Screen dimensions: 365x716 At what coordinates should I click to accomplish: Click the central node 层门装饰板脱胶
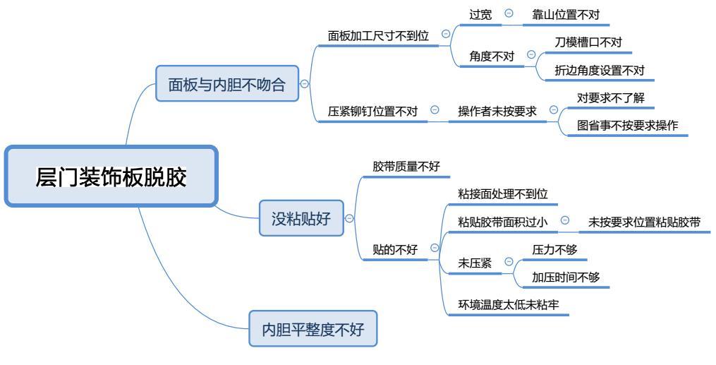[x=111, y=176]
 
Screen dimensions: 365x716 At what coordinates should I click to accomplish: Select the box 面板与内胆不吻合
[x=226, y=85]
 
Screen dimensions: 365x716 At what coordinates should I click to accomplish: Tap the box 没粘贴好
[x=301, y=218]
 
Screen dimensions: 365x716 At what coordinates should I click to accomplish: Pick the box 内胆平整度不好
[x=313, y=329]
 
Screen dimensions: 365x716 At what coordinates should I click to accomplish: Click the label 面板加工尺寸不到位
[x=378, y=35]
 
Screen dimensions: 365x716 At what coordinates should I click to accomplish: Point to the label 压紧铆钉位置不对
[x=372, y=111]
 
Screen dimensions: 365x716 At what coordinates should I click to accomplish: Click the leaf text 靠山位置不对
[x=566, y=13]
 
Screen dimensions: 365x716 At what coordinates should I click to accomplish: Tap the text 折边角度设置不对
[x=600, y=71]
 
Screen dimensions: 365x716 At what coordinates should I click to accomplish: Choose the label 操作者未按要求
[x=497, y=111]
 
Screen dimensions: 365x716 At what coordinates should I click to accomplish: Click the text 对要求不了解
[x=610, y=97]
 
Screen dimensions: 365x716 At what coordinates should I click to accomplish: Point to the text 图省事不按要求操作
[x=627, y=126]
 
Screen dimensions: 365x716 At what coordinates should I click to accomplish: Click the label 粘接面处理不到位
[x=502, y=193]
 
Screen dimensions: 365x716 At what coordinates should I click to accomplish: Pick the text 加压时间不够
[x=566, y=277]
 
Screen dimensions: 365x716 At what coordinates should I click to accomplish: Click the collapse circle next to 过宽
[x=508, y=13]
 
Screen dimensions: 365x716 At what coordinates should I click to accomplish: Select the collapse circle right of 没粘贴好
[x=349, y=218]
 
